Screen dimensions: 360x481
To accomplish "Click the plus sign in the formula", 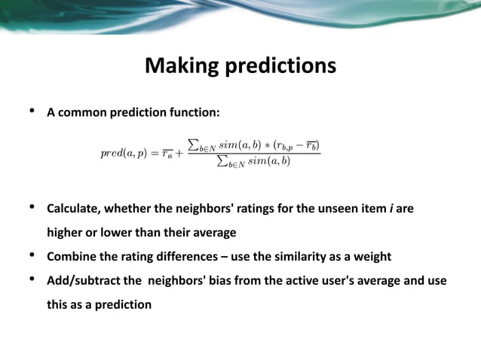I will coord(179,154).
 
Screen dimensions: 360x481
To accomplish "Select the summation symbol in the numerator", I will coord(194,144).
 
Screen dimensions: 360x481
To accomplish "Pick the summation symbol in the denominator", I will coord(222,162).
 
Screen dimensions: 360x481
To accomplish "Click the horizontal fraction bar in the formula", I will coord(253,154).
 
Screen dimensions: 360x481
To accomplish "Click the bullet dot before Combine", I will coord(32,256).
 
